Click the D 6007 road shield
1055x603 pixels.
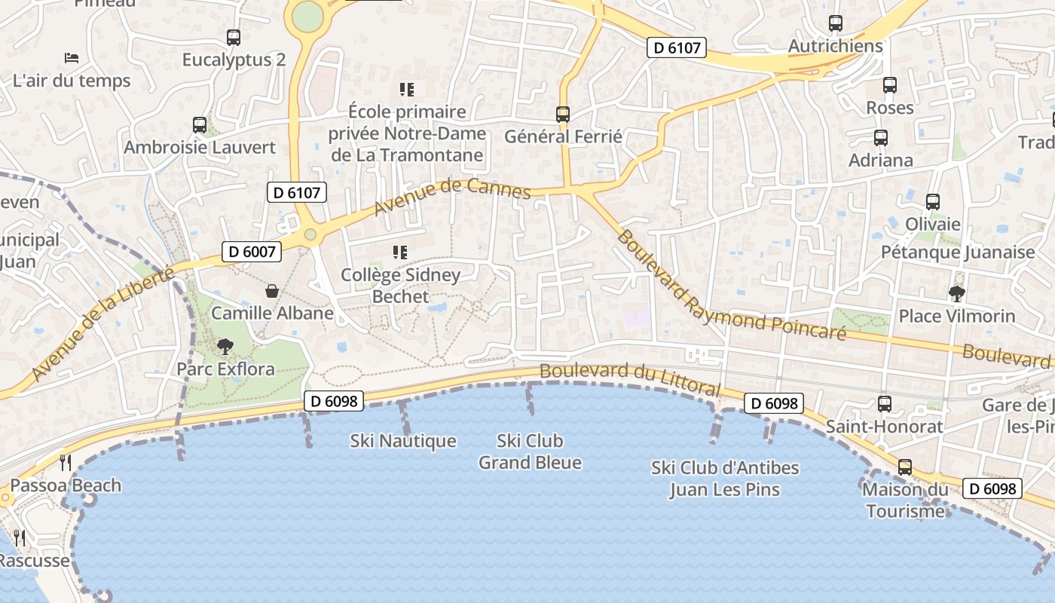(252, 252)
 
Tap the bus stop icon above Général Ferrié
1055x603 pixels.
(563, 115)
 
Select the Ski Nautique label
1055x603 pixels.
(403, 441)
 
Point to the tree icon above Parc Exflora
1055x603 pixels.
(225, 347)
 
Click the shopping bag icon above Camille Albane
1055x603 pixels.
(271, 291)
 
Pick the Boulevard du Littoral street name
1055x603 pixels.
(630, 380)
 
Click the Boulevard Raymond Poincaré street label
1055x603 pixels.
(729, 287)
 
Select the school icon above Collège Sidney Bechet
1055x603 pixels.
(400, 253)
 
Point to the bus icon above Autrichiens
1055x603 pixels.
(835, 23)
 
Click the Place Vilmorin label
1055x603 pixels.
(957, 316)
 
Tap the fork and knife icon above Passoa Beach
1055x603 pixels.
(66, 463)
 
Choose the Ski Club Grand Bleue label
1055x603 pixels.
(530, 451)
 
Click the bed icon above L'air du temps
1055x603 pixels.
(72, 57)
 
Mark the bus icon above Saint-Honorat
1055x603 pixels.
(884, 404)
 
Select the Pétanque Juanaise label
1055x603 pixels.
(958, 252)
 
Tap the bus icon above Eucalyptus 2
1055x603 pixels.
(234, 37)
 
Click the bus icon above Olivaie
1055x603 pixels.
(933, 202)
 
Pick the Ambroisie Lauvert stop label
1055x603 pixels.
(200, 147)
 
